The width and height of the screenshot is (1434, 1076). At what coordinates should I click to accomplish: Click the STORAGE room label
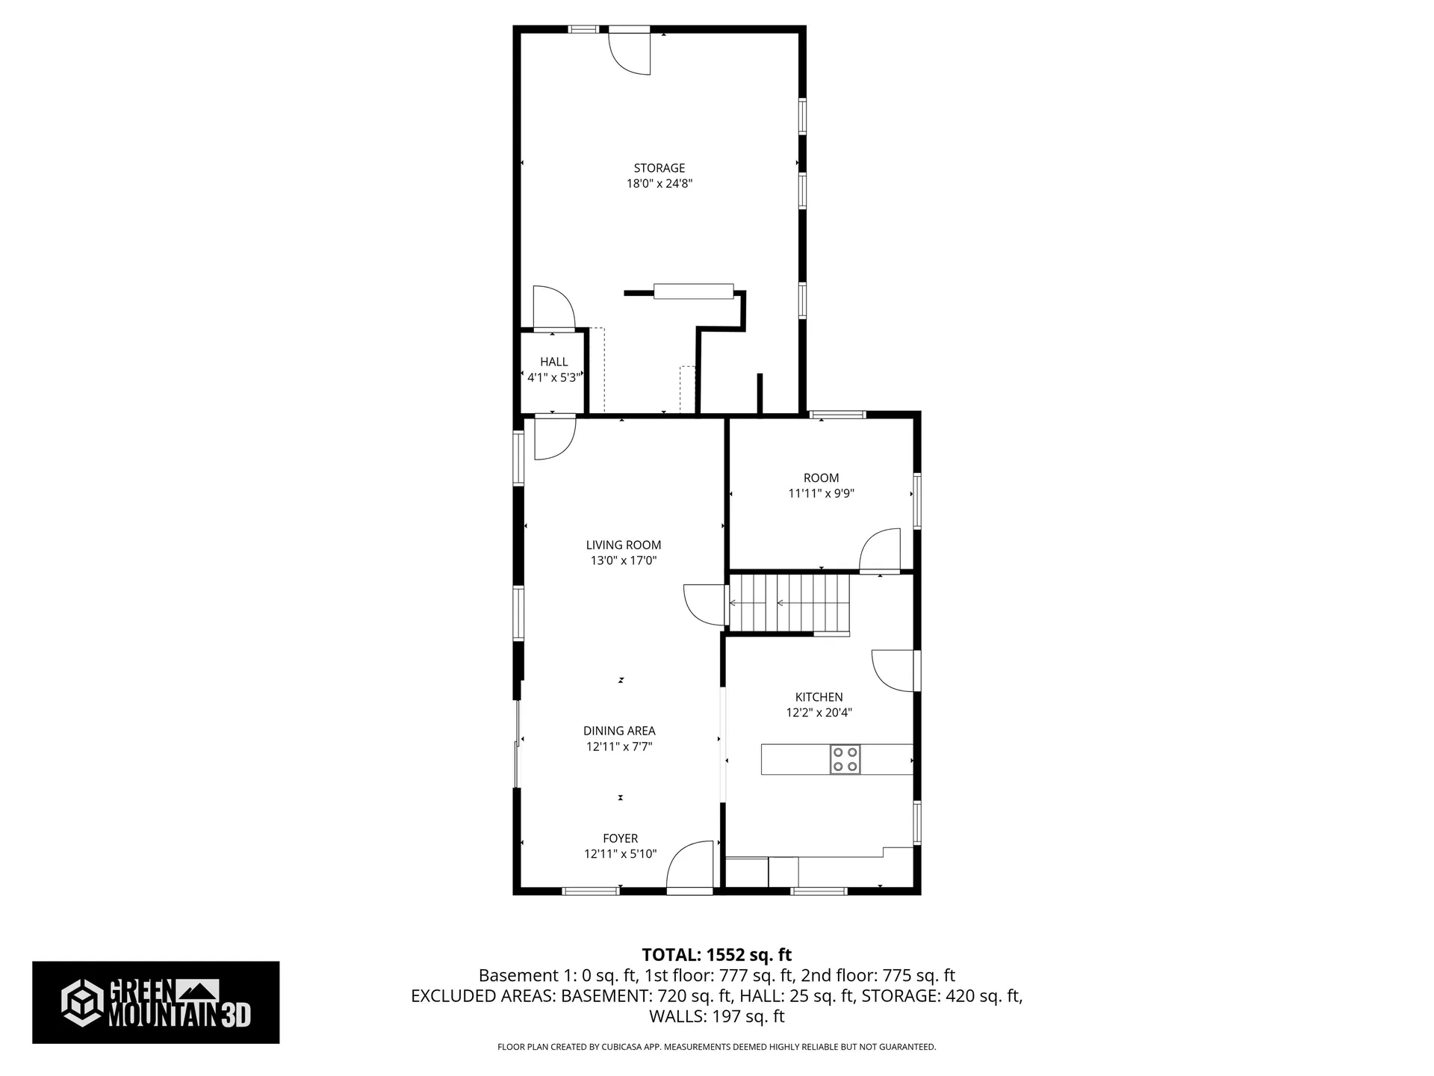(659, 168)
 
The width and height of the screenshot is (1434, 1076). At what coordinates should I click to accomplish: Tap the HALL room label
(553, 362)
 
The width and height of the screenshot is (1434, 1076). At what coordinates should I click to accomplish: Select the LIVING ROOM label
(623, 545)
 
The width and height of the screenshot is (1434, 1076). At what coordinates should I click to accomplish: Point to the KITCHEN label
(819, 697)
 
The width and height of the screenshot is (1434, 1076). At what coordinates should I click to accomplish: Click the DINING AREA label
(619, 731)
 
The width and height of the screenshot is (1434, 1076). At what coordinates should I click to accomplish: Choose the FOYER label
(620, 838)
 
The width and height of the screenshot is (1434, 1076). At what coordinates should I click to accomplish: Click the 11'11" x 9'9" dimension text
(821, 493)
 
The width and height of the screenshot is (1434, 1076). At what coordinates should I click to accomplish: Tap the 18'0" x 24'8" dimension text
(659, 184)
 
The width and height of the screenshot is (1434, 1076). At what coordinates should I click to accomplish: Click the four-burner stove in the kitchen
(845, 759)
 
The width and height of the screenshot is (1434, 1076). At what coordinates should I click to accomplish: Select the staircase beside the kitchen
(790, 603)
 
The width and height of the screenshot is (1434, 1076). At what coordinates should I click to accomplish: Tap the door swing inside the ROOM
(880, 551)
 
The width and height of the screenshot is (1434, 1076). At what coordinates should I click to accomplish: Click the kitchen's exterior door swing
(893, 670)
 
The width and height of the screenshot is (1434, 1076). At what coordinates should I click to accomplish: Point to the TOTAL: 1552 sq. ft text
(716, 954)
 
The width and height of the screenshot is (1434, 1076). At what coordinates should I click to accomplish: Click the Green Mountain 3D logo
(155, 1002)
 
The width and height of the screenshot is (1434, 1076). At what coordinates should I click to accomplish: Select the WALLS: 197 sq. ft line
(716, 1016)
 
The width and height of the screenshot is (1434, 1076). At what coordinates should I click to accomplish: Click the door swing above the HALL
(553, 307)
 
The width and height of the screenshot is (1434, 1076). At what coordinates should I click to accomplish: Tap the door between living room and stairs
(705, 604)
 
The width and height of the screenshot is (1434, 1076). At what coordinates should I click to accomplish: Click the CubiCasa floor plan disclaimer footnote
(716, 1047)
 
